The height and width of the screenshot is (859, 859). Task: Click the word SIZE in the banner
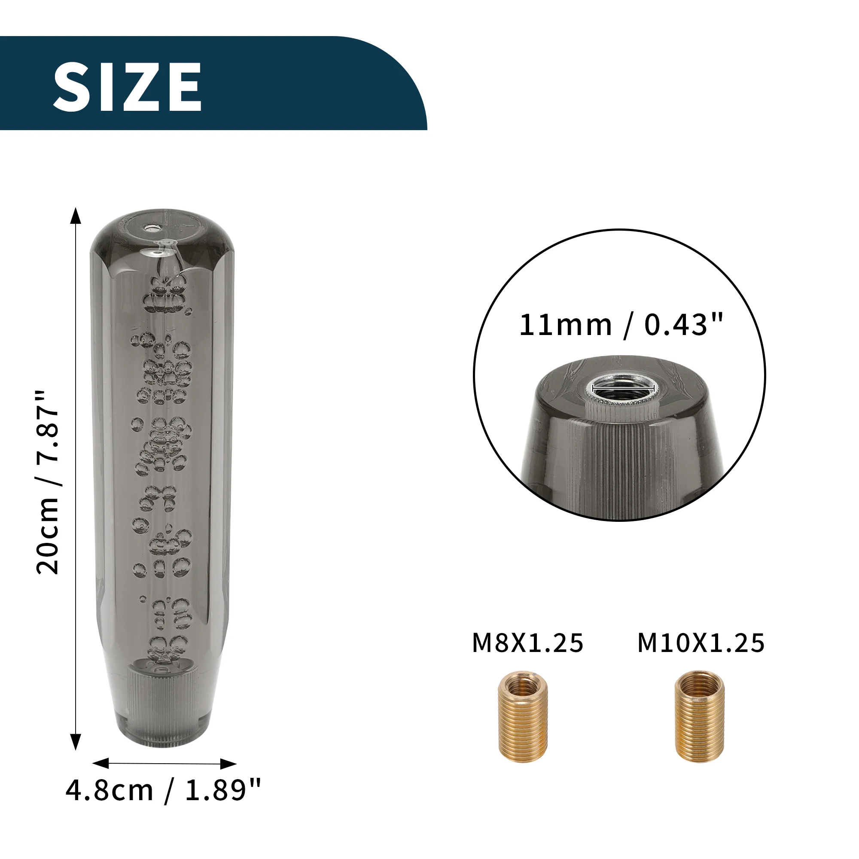(x=127, y=86)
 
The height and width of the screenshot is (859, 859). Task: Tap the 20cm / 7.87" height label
(x=48, y=482)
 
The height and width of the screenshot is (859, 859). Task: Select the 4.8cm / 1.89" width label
(x=163, y=790)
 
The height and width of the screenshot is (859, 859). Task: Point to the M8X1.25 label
(x=527, y=643)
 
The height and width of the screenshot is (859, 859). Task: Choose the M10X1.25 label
(x=701, y=643)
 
